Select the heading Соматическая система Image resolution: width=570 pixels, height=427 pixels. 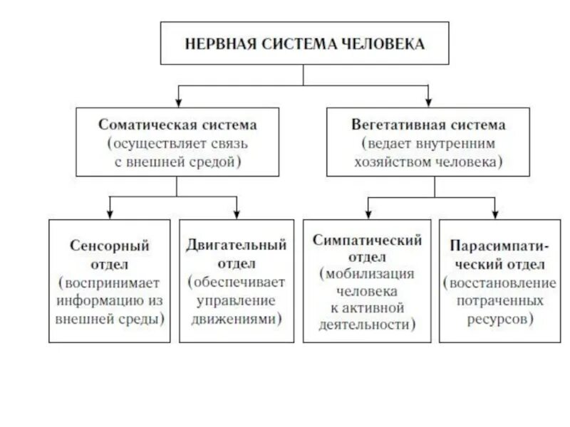(177, 125)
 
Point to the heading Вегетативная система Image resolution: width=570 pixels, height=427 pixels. (428, 125)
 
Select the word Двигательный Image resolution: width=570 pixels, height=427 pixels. (237, 246)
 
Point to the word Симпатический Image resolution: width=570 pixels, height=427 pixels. (367, 241)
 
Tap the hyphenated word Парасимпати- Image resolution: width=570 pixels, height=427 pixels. (498, 247)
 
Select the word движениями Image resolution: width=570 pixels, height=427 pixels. (233, 320)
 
